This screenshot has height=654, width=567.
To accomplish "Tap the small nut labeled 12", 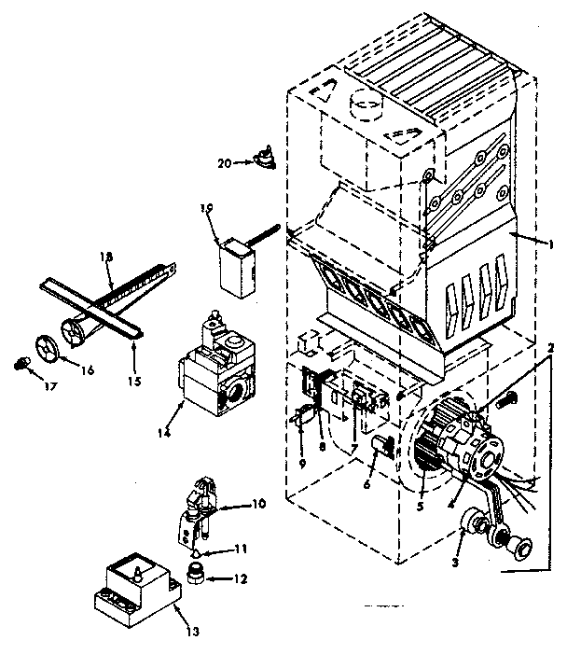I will coord(195,571).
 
